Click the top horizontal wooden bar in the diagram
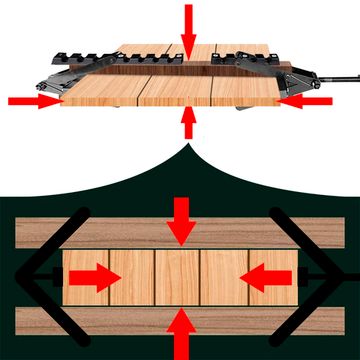(x=180, y=232)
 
